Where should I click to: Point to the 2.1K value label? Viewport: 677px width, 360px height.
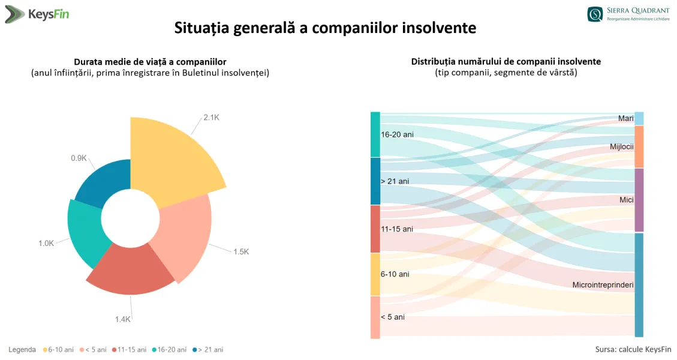click(211, 118)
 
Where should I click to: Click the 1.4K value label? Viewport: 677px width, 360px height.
click(123, 319)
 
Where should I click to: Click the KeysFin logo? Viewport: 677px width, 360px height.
click(37, 14)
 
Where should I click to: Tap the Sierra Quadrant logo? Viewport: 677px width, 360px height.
click(628, 14)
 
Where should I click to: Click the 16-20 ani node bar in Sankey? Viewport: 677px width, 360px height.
click(375, 134)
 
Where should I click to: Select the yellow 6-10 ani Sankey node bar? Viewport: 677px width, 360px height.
click(375, 274)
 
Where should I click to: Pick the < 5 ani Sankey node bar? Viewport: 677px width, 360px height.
click(375, 317)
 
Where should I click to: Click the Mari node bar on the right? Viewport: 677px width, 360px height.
click(639, 118)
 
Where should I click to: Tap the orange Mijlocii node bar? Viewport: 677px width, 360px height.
click(639, 146)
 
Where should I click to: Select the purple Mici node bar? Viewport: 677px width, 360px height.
click(639, 200)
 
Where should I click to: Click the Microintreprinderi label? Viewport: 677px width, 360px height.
click(603, 284)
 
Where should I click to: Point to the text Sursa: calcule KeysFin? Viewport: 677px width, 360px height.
click(633, 349)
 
